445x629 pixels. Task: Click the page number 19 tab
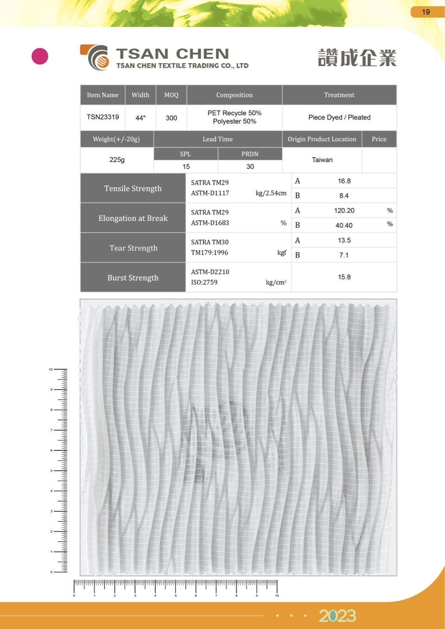click(426, 12)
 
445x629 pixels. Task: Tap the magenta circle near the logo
click(40, 56)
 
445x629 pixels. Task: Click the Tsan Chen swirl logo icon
click(96, 58)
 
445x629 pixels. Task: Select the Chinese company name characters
click(357, 58)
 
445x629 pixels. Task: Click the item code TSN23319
click(103, 117)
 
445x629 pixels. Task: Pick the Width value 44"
click(141, 118)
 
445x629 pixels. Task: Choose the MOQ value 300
click(171, 118)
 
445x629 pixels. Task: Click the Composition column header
click(234, 95)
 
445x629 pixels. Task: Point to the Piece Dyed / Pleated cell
click(339, 117)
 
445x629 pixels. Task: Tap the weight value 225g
click(117, 160)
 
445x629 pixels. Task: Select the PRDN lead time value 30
click(250, 167)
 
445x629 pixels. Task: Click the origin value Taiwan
click(322, 160)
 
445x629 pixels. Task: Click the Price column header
click(379, 139)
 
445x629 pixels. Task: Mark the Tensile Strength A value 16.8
click(344, 181)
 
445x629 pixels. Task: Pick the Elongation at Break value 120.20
click(344, 211)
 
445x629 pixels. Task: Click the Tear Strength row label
click(133, 248)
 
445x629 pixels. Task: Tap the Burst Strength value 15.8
click(344, 277)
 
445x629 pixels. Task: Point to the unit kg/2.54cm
click(271, 193)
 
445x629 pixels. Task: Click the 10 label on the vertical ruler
click(51, 370)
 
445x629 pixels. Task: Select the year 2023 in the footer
click(337, 616)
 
